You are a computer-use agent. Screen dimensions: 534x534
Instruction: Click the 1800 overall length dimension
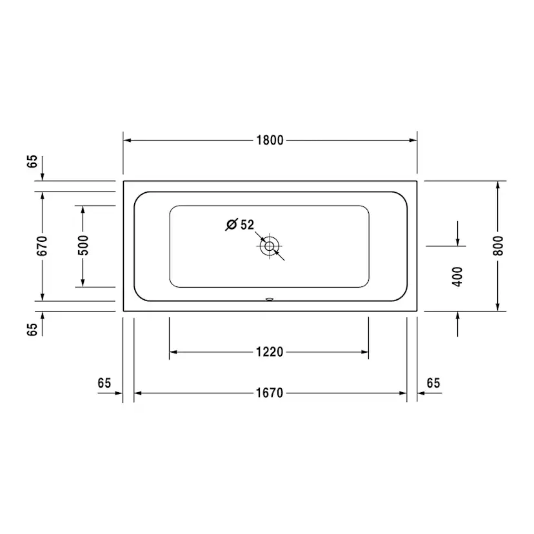coord(270,141)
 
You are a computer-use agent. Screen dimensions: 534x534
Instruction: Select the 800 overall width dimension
coord(498,246)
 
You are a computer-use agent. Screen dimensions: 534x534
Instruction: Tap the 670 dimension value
coord(42,246)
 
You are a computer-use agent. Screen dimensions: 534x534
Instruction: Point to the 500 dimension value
coord(83,246)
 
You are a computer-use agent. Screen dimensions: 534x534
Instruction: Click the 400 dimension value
coord(457,277)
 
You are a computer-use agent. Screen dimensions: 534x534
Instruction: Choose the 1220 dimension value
coord(269,352)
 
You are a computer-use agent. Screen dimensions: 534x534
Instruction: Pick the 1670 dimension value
coord(270,393)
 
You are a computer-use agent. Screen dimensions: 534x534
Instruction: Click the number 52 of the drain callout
coord(247,225)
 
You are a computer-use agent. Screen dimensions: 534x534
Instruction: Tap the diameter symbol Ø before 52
coord(232,225)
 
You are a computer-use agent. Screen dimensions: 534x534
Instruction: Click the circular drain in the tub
coord(270,246)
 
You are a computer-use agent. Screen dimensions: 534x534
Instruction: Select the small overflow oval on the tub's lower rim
coord(270,299)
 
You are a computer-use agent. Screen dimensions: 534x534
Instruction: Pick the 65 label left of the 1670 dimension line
coord(104,383)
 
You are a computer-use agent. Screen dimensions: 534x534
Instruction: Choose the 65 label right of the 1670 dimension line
coord(433,383)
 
